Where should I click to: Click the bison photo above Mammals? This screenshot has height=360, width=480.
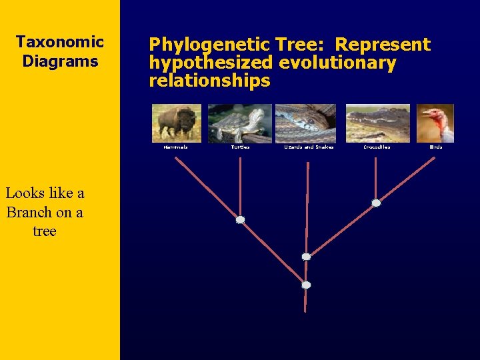click(x=176, y=123)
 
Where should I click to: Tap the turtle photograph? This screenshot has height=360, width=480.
click(x=239, y=123)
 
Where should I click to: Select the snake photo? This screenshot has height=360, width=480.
click(x=305, y=123)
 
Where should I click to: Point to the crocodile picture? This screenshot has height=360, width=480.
click(x=377, y=123)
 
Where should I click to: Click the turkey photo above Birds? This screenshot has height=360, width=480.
click(x=435, y=123)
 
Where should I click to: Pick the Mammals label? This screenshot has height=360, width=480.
click(x=176, y=147)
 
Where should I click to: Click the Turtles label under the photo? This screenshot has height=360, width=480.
click(x=240, y=147)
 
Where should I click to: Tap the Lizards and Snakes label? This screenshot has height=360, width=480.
click(x=309, y=147)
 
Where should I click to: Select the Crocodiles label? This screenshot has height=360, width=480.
click(x=377, y=147)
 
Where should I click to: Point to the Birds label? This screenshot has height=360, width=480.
click(x=436, y=147)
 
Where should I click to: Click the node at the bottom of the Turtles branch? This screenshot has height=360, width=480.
click(x=240, y=219)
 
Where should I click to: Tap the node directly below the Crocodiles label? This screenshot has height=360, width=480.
click(x=376, y=203)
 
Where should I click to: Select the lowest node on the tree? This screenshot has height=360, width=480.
click(x=306, y=285)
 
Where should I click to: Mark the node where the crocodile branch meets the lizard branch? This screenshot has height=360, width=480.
click(x=306, y=257)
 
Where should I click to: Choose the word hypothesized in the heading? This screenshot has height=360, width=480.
click(x=211, y=63)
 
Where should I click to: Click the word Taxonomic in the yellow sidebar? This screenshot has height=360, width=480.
click(x=60, y=42)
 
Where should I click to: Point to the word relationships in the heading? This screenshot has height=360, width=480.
click(x=209, y=81)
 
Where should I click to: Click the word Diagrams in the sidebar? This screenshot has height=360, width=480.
click(x=60, y=61)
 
